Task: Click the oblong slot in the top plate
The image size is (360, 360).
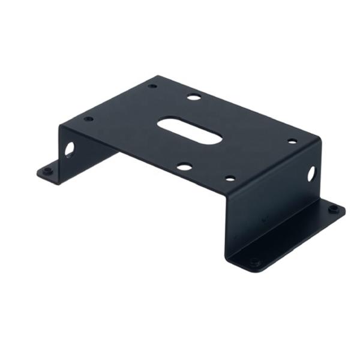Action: (190, 130)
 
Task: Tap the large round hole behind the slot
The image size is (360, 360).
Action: (193, 96)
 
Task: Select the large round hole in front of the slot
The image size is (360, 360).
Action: (184, 166)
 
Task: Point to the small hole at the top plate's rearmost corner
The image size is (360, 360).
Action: (152, 86)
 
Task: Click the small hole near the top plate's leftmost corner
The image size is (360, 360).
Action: (88, 119)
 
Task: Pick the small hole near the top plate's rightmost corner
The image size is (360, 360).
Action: (292, 142)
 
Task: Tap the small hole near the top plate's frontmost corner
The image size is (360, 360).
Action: (230, 178)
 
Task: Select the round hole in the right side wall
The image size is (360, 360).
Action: (311, 174)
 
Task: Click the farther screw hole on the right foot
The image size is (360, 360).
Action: (333, 209)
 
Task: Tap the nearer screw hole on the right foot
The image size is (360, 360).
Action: (254, 262)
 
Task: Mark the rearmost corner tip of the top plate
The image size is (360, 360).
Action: (158, 76)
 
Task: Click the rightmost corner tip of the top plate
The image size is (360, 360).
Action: (320, 139)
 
